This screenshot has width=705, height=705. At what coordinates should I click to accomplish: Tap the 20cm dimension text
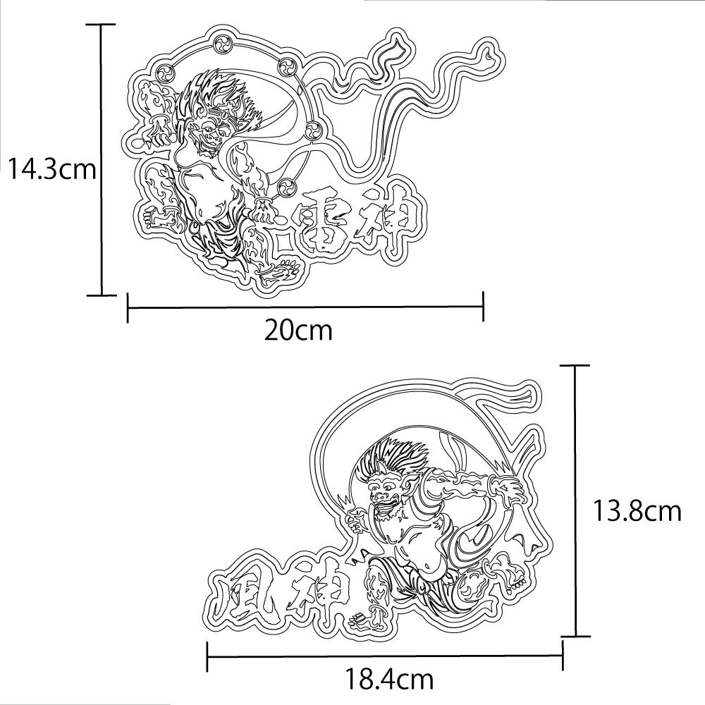coord(298,331)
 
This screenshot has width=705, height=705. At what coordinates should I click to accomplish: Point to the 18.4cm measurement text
coord(389,680)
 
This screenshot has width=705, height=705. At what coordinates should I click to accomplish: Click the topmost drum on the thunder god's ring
coord(222,44)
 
